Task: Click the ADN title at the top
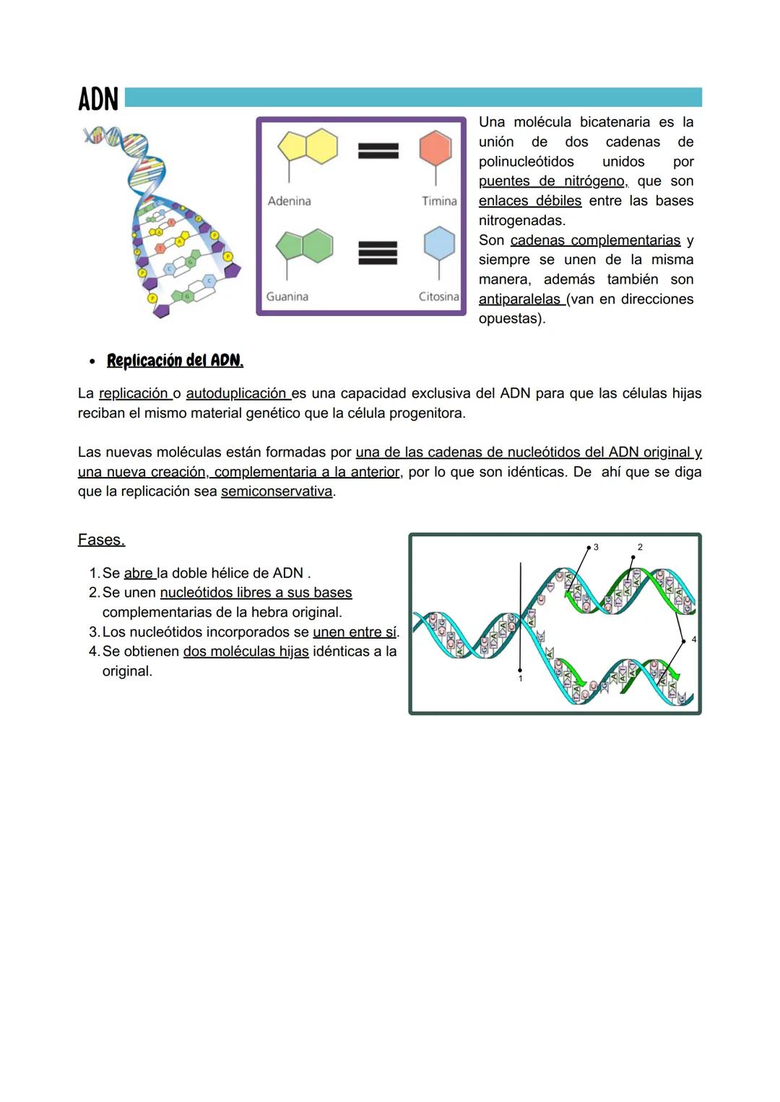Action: click(97, 99)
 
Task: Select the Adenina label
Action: click(289, 201)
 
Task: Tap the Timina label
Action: click(439, 201)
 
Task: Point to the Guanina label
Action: click(287, 297)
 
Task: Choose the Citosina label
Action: click(438, 297)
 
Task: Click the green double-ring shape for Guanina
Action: click(305, 246)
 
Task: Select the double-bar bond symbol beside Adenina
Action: click(378, 150)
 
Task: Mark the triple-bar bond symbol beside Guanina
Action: click(378, 253)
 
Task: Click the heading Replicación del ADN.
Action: click(175, 360)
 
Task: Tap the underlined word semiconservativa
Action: click(277, 491)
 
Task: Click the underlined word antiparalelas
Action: click(519, 299)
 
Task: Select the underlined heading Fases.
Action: click(101, 540)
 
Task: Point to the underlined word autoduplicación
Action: click(236, 393)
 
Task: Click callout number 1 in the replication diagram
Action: click(520, 679)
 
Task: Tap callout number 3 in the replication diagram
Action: click(596, 548)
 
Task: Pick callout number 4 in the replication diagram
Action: click(694, 639)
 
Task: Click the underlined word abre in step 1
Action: click(138, 573)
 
